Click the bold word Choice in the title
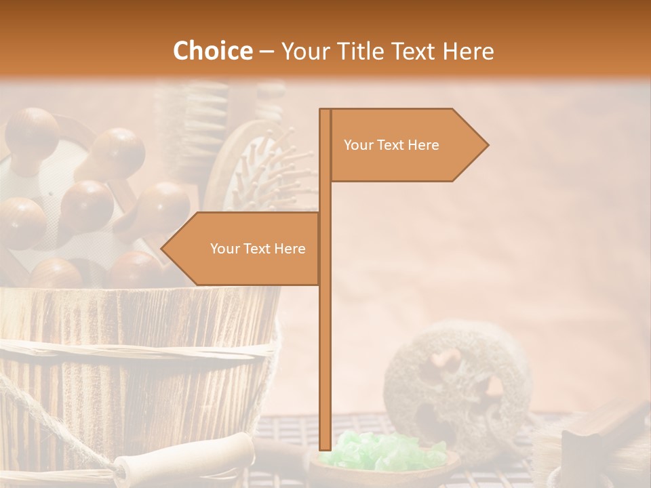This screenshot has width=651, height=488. coord(212,51)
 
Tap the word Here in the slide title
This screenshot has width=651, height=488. coord(467,51)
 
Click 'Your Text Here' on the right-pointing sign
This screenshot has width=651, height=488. coord(391,145)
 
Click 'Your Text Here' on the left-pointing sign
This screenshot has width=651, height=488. coord(258,249)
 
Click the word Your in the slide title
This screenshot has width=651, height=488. coord(304,51)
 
